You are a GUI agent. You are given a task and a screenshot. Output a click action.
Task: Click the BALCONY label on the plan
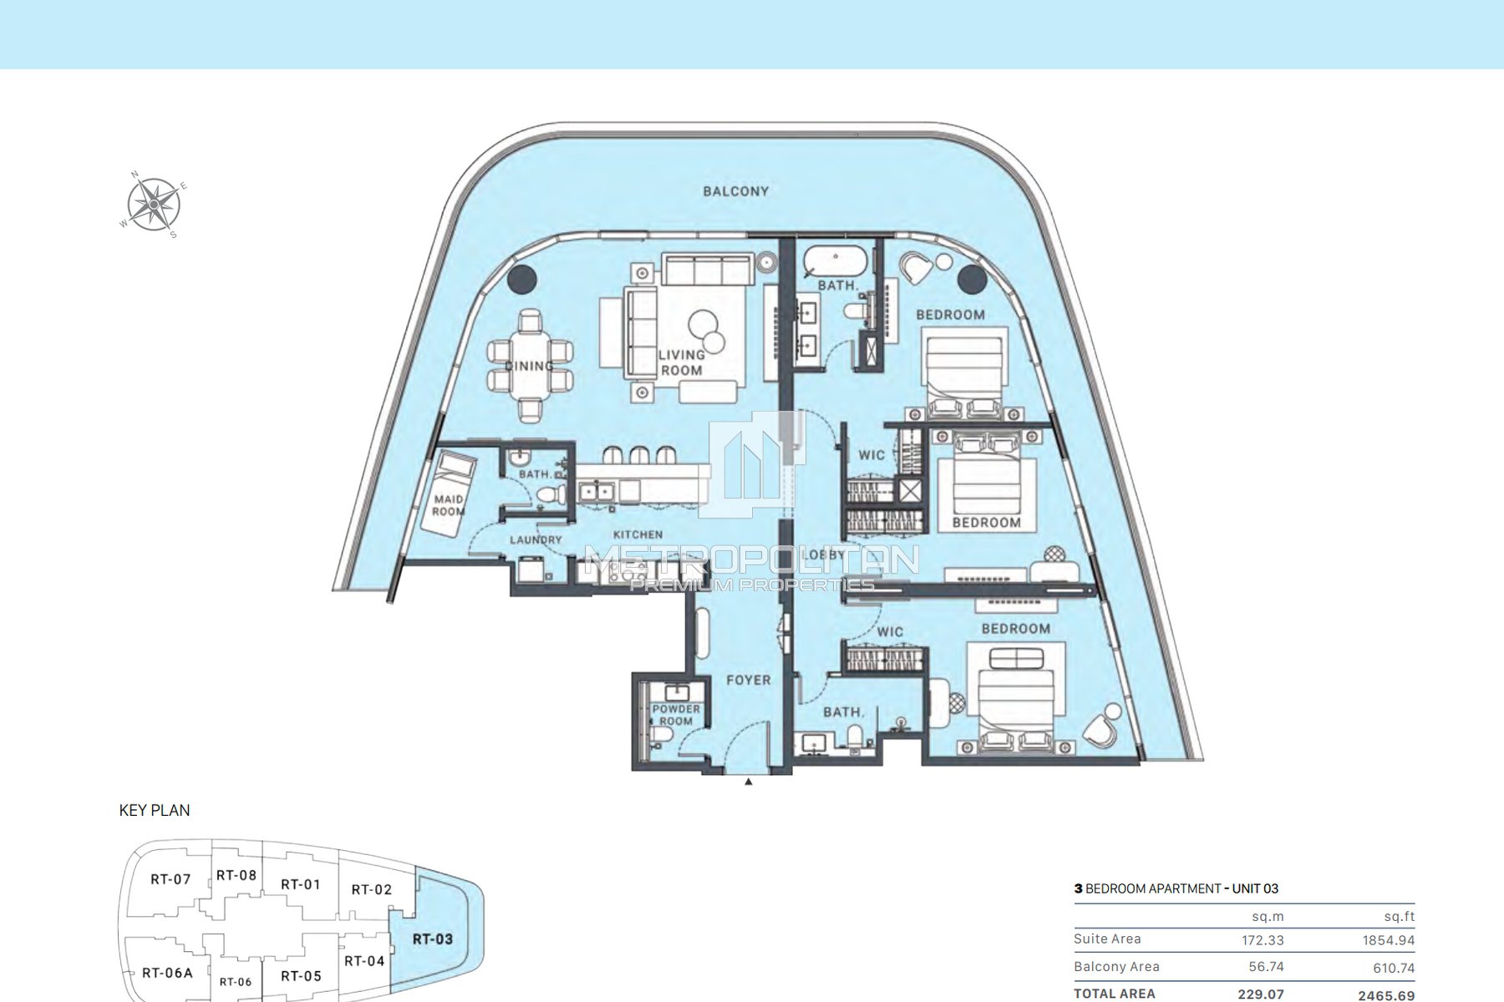pyautogui.click(x=735, y=191)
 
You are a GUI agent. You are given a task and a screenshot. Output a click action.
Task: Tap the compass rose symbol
pyautogui.click(x=154, y=205)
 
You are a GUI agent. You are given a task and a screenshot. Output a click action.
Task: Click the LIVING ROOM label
pyautogui.click(x=682, y=362)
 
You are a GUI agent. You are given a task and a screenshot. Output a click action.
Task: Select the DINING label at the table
pyautogui.click(x=530, y=366)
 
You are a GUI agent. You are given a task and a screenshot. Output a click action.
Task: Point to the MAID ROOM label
pyautogui.click(x=449, y=505)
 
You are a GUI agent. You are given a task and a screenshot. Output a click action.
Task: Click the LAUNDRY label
pyautogui.click(x=536, y=540)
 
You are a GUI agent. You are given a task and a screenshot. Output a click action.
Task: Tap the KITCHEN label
pyautogui.click(x=638, y=534)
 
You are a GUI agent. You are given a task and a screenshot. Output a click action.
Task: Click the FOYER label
pyautogui.click(x=748, y=681)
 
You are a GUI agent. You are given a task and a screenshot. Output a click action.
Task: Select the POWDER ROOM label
pyautogui.click(x=676, y=715)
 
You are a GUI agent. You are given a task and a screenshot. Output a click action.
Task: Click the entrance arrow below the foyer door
pyautogui.click(x=749, y=782)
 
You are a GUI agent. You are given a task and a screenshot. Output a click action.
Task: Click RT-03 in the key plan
pyautogui.click(x=433, y=939)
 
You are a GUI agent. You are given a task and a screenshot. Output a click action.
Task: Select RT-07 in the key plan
pyautogui.click(x=170, y=879)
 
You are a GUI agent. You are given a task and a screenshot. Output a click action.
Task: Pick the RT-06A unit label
pyautogui.click(x=167, y=973)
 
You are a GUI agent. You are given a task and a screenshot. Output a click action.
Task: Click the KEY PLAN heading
pyautogui.click(x=155, y=810)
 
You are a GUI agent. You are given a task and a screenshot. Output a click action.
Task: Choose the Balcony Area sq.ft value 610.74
pyautogui.click(x=1388, y=968)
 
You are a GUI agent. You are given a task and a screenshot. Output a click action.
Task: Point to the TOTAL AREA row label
pyautogui.click(x=1115, y=994)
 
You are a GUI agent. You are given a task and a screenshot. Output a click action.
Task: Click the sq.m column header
pyautogui.click(x=1268, y=916)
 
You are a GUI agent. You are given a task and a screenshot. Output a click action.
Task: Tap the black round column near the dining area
pyautogui.click(x=524, y=278)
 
